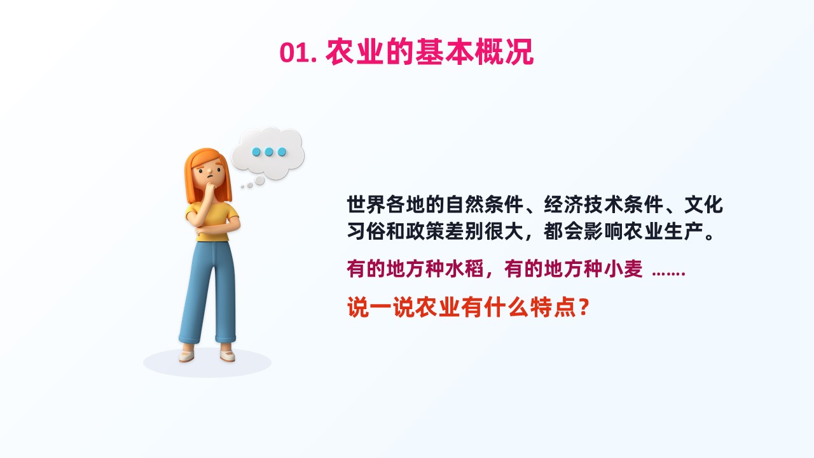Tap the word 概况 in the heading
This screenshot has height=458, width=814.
(504, 52)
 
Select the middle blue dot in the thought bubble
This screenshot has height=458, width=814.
(268, 151)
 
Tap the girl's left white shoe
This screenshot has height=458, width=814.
(186, 355)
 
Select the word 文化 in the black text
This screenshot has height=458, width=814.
(703, 204)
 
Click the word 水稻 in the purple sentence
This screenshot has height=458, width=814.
(464, 269)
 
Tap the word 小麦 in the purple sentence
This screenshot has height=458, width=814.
(623, 269)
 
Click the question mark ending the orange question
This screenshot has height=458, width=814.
(584, 307)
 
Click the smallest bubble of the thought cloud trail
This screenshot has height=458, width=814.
(242, 187)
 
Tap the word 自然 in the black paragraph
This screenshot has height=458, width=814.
(464, 204)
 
